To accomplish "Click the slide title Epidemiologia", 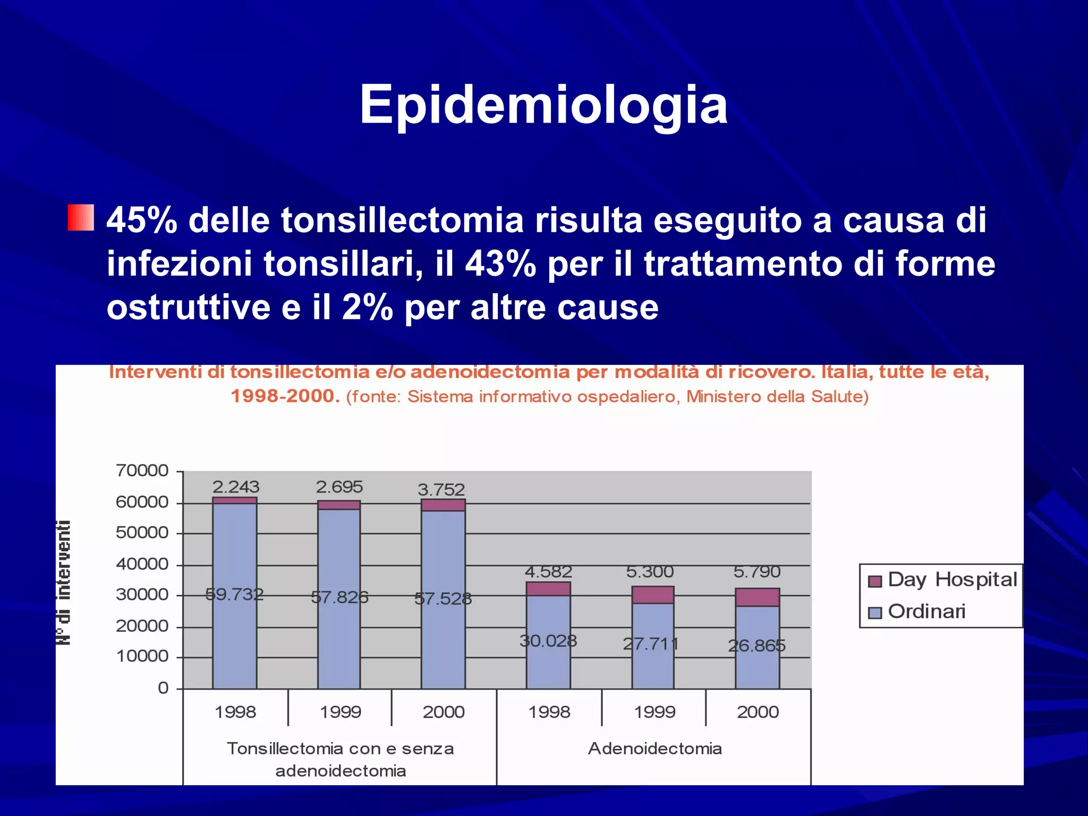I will click(x=543, y=105).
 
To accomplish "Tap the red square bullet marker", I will click(x=81, y=218).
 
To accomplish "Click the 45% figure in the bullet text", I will click(x=141, y=220).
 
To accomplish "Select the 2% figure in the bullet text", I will click(x=367, y=308).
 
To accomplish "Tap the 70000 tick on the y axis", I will click(x=142, y=471).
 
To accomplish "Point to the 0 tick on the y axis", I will click(x=163, y=688).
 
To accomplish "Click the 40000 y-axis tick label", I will click(x=142, y=564).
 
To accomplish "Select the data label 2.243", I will click(x=236, y=487).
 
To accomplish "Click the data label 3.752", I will click(x=441, y=489).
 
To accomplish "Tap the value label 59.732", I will click(x=234, y=594).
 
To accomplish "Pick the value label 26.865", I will click(x=756, y=645).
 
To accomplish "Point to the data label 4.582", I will click(x=548, y=572).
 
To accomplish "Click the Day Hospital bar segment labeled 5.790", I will click(x=757, y=597).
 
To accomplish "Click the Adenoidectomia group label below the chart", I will click(x=654, y=749).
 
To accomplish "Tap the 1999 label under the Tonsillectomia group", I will click(x=340, y=712).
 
